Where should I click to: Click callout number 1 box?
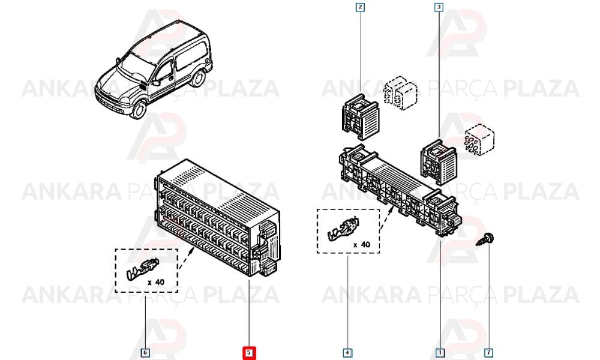440,352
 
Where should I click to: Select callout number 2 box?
359,7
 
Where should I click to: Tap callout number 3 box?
439,7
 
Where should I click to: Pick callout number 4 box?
347,352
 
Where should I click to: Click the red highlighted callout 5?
249,352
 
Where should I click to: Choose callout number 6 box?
145,352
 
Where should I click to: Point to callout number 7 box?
488,352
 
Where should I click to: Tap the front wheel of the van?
138,109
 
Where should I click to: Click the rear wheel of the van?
198,77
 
